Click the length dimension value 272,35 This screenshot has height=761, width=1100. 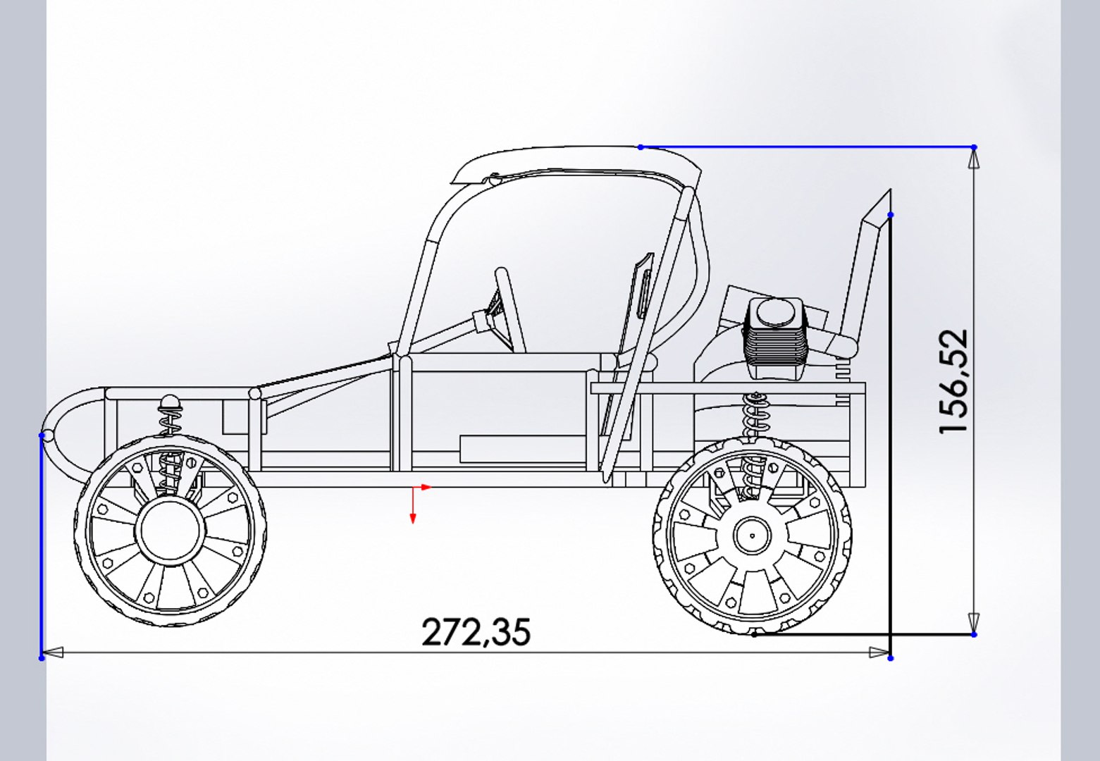(476, 632)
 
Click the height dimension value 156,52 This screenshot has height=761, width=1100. (953, 381)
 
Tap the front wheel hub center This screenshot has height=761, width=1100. (170, 531)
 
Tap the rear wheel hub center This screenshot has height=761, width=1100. (752, 536)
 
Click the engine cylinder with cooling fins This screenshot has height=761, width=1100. (773, 338)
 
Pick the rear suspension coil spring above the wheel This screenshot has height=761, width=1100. (755, 416)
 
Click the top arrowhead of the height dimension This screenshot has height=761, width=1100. (974, 161)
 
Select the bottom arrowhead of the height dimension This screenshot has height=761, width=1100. (974, 621)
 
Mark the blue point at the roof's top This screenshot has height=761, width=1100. (641, 147)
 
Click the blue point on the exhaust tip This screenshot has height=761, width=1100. (891, 215)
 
